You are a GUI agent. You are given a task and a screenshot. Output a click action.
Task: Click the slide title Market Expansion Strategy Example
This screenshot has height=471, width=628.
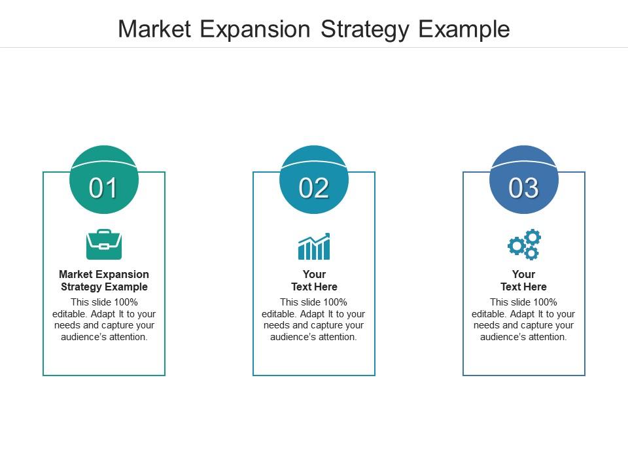314,29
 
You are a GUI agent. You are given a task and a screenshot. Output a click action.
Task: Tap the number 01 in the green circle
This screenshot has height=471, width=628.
103,188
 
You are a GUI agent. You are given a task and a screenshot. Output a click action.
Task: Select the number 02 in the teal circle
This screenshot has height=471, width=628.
314,188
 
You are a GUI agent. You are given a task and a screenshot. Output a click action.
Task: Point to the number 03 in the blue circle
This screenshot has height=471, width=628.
524,188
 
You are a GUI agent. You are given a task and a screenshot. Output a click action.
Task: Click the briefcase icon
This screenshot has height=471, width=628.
104,244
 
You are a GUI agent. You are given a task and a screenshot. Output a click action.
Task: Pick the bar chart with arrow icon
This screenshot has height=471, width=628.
314,246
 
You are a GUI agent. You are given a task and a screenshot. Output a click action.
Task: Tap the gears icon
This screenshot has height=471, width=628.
525,245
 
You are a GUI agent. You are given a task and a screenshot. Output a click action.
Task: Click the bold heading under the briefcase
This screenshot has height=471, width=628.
104,281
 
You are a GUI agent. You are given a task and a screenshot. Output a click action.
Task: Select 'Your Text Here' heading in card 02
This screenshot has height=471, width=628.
314,281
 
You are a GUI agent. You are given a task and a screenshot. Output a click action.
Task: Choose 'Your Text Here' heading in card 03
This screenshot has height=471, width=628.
524,281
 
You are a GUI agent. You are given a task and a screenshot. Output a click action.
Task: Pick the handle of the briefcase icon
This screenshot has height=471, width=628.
104,232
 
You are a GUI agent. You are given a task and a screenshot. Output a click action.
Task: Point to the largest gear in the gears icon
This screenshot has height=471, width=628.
516,246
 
